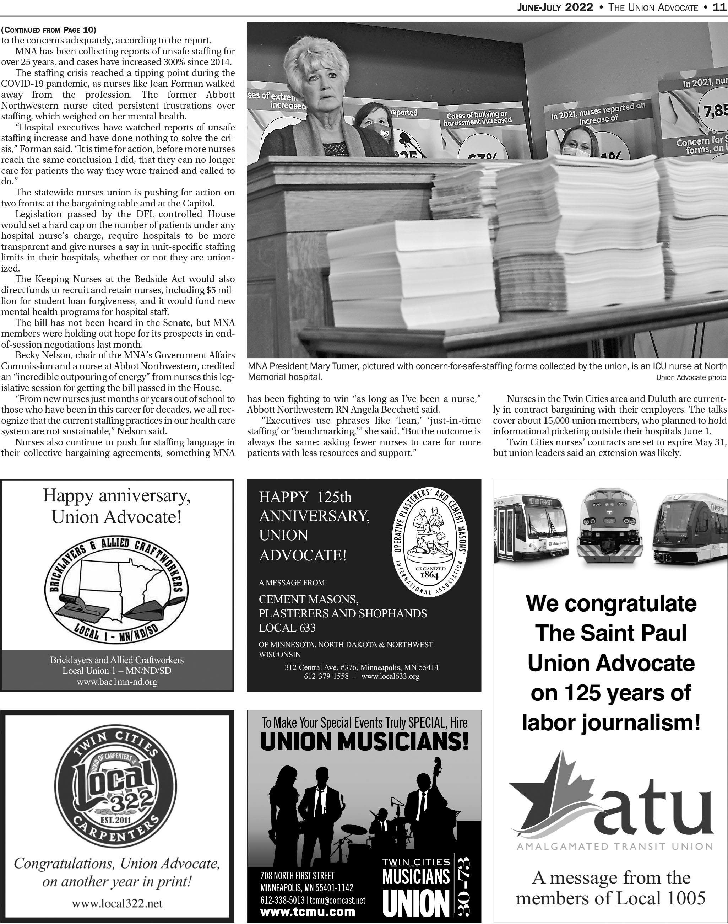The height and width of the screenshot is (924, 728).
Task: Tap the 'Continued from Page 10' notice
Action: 49,30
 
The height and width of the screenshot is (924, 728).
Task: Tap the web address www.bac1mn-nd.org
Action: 117,682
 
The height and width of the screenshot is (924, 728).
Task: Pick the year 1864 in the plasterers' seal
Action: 430,575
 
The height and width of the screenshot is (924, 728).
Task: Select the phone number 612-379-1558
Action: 326,676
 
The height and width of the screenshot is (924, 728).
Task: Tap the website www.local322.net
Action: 117,903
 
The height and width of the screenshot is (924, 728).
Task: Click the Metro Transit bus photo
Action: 531,527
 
